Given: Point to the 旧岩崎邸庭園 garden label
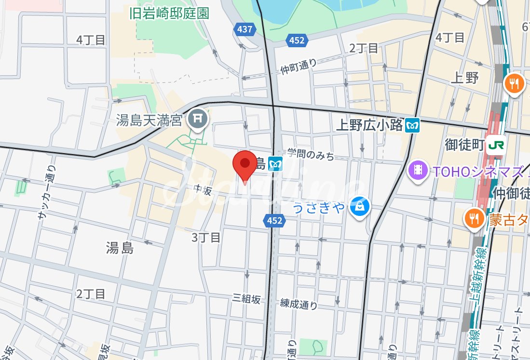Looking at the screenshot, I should point(169,13).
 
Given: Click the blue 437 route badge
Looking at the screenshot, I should point(245,29).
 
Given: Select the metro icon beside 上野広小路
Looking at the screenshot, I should point(413,126).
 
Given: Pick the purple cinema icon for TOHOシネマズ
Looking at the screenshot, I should point(418,170).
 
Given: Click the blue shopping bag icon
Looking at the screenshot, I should point(360,207).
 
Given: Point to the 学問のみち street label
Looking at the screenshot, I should point(311,155).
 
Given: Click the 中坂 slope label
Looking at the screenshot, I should point(203,191).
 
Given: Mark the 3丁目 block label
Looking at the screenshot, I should point(206,237).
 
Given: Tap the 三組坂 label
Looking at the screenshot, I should point(246,299).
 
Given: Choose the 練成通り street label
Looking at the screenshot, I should point(299,304).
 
